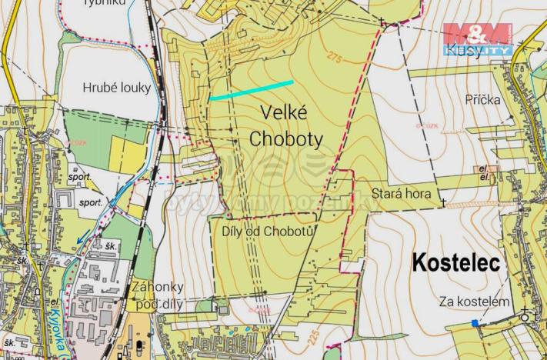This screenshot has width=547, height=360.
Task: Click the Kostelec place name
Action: pyautogui.click(x=456, y=262)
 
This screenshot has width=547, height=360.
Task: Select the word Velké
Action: pyautogui.click(x=285, y=113)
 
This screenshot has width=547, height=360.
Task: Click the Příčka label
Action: pyautogui.click(x=483, y=100)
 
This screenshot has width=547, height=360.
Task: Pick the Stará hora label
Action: pyautogui.click(x=401, y=194)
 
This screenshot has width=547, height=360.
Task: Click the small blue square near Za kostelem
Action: pyautogui.click(x=475, y=323)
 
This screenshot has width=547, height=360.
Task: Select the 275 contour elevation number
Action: pyautogui.click(x=332, y=59)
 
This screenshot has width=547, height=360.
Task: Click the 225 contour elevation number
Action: pyautogui.click(x=313, y=336)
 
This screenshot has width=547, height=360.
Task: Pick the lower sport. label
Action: pyautogui.click(x=90, y=202)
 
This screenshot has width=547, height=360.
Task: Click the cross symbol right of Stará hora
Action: pyautogui.click(x=443, y=202)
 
